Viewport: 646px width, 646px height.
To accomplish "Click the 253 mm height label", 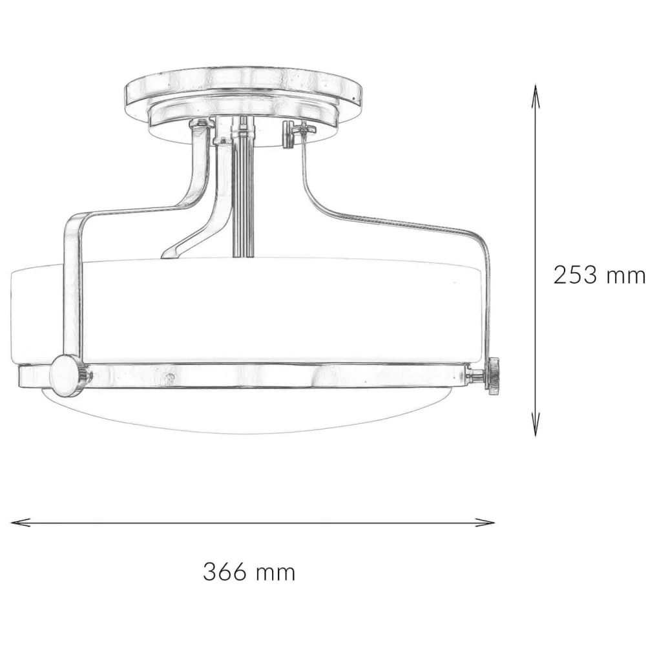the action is pyautogui.click(x=599, y=275).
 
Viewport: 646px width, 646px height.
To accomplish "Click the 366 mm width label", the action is pyautogui.click(x=249, y=572).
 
